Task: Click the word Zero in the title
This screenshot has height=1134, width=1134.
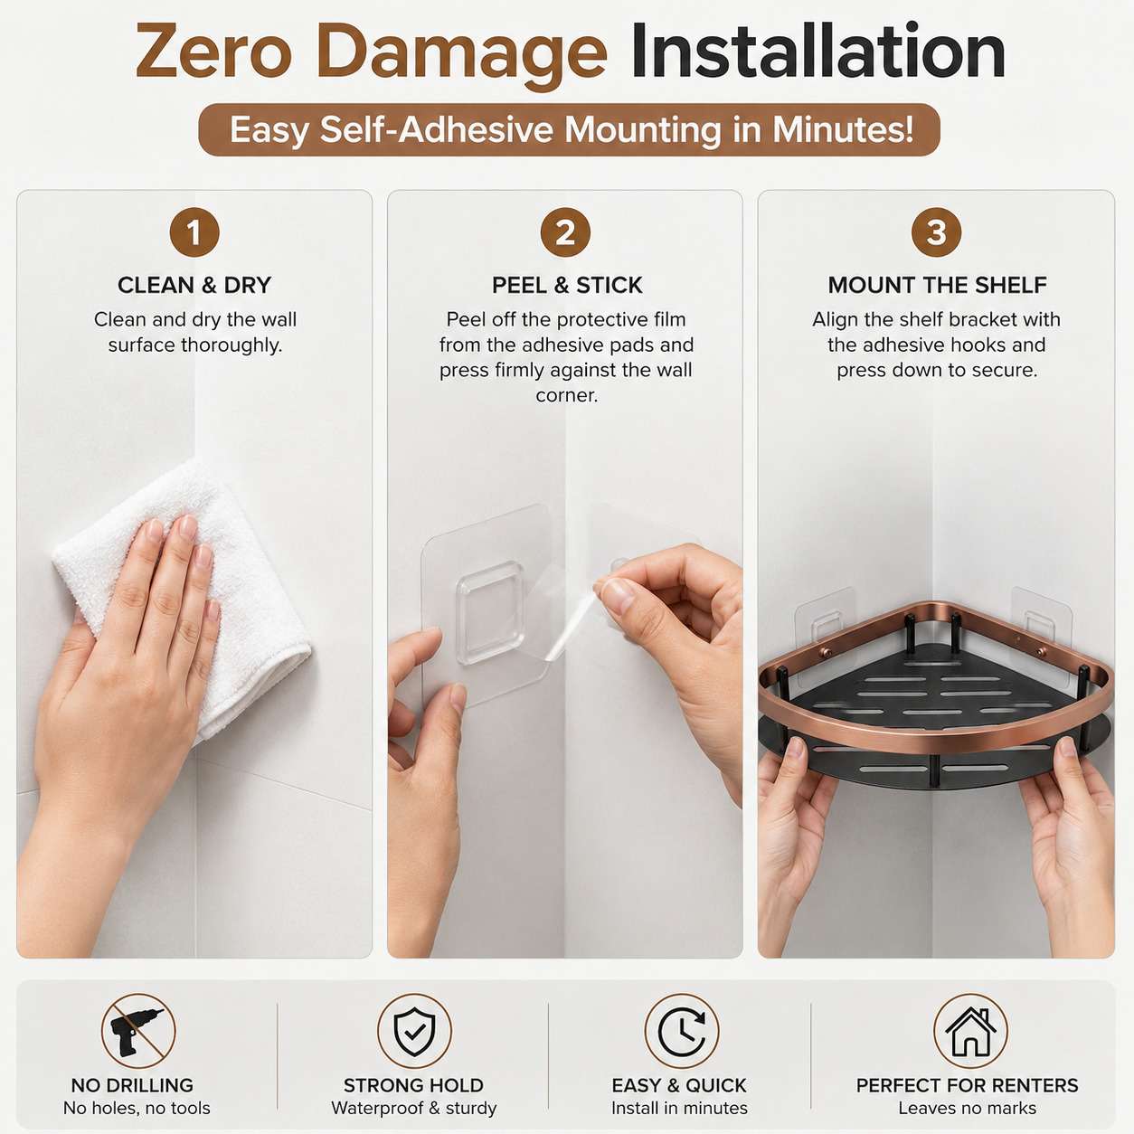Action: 213,52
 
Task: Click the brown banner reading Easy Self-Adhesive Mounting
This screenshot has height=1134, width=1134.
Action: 569,130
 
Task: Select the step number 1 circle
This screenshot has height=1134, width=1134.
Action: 194,232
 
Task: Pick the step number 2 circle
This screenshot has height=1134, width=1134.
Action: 565,232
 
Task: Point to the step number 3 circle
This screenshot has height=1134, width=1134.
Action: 936,232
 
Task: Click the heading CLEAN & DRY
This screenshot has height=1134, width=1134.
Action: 194,286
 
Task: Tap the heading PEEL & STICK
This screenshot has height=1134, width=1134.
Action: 567,286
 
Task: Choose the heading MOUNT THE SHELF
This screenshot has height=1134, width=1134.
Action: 937,286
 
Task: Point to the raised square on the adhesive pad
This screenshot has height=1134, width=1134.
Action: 490,612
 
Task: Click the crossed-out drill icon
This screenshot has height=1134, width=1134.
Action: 138,1031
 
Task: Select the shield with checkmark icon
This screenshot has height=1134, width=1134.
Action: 414,1031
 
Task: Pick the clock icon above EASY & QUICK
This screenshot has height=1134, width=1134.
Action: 682,1031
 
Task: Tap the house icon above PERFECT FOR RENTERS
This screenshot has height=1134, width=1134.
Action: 969,1031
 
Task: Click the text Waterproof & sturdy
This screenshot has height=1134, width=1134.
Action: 413,1108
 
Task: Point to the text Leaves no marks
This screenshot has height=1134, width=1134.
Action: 967,1108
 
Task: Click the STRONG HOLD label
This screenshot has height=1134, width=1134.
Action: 413,1084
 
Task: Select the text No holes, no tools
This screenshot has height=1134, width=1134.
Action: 137,1108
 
